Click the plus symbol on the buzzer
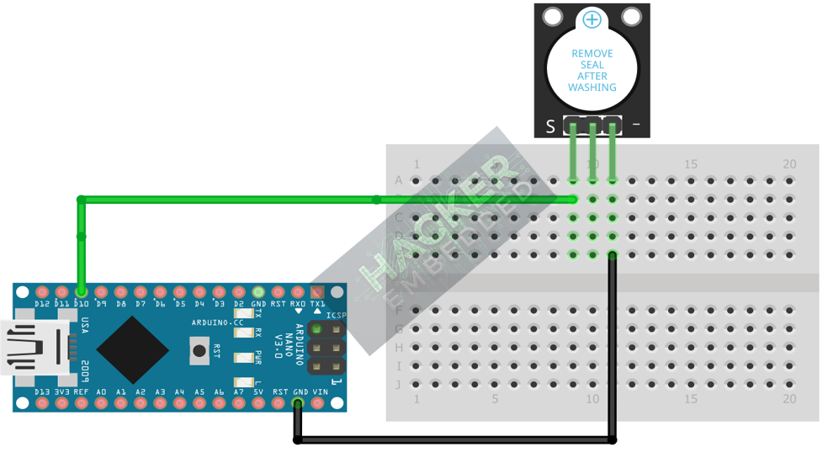click(x=592, y=19)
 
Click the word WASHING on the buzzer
click(x=592, y=88)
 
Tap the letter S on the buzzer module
click(x=550, y=126)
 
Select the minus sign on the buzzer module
click(x=636, y=125)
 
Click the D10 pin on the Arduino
click(x=82, y=292)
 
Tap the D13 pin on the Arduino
click(x=42, y=402)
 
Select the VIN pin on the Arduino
click(x=318, y=402)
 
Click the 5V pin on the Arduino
click(x=258, y=402)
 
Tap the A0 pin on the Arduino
click(x=101, y=402)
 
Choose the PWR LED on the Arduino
click(x=244, y=358)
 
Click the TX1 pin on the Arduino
click(x=317, y=292)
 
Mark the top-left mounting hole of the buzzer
click(x=553, y=17)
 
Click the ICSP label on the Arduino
click(x=337, y=316)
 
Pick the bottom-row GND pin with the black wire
click(x=298, y=402)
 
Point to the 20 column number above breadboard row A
click(x=788, y=164)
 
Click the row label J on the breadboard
click(x=399, y=385)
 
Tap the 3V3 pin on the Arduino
click(x=61, y=402)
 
